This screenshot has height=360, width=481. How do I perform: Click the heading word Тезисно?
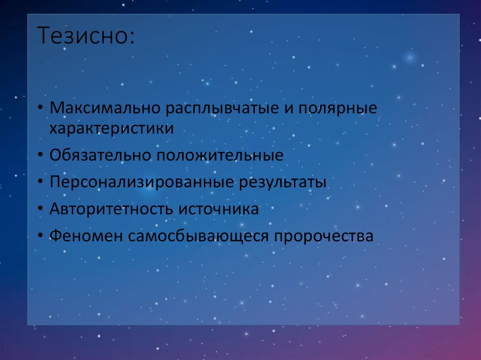pos(85,37)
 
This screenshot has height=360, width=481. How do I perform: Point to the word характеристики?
pos(112,129)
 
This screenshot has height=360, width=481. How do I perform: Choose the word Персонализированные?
pos(141,182)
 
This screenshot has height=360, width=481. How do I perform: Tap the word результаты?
pos(282,182)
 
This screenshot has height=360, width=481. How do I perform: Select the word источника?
pos(218,209)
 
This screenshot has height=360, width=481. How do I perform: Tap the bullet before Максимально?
pos(41,109)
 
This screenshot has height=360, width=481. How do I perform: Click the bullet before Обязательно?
pos(41,155)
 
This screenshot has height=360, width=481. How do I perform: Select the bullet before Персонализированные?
pos(41,182)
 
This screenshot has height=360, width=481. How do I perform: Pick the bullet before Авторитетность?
pos(41,209)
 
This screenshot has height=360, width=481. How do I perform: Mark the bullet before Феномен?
pos(41,236)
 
